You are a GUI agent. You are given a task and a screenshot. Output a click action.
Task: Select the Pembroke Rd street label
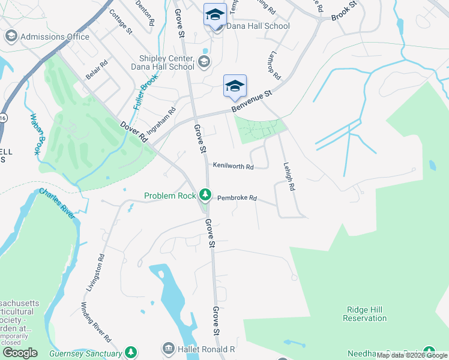[237, 197]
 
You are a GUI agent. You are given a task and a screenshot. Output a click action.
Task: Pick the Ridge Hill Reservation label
[365, 314]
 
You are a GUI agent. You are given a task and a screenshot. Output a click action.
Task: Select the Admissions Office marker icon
[10, 37]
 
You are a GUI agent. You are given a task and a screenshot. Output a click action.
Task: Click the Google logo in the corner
[20, 353]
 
